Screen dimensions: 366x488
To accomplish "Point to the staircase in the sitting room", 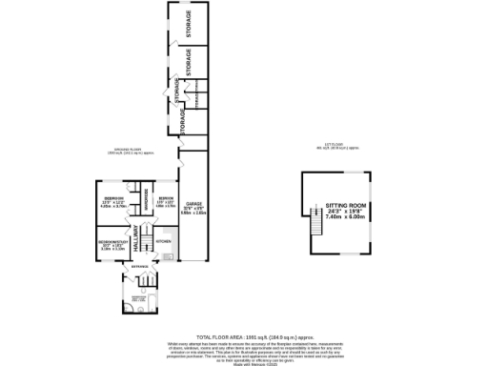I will click(x=313, y=226).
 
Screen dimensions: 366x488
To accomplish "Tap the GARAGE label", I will click(x=193, y=203).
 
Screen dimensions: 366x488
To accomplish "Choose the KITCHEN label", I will click(x=162, y=242).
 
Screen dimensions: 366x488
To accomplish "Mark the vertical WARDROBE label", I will click(x=145, y=200).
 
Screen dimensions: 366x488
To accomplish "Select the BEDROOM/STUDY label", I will click(x=112, y=242).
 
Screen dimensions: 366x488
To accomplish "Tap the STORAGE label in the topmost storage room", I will click(x=188, y=21).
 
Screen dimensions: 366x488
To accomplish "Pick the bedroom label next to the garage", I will click(x=165, y=201).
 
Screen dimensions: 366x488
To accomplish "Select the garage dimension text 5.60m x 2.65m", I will click(x=193, y=213).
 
